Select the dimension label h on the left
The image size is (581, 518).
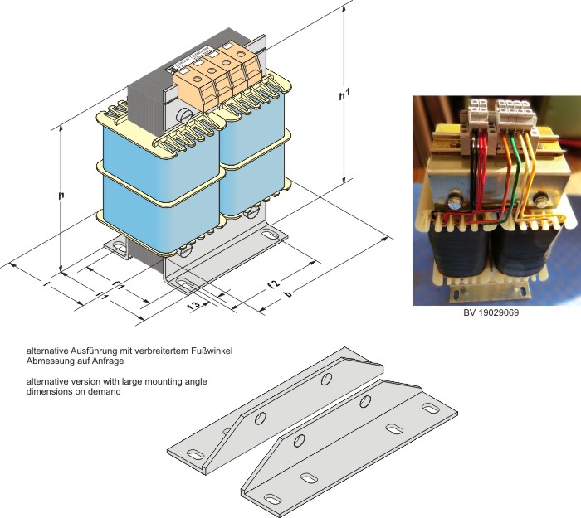click(x=61, y=196)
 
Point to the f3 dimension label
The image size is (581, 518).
click(x=194, y=306)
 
